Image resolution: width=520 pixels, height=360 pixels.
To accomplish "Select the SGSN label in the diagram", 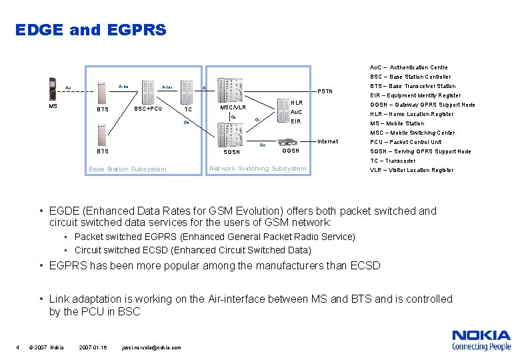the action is pyautogui.click(x=231, y=152).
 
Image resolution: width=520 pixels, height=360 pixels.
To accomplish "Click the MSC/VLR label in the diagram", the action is pyautogui.click(x=233, y=107).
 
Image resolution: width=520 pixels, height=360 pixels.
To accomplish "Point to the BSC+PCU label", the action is pyautogui.click(x=148, y=109).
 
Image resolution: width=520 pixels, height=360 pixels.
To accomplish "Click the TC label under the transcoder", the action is pyautogui.click(x=188, y=109).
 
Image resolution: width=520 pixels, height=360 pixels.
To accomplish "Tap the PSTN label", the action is pyautogui.click(x=325, y=91).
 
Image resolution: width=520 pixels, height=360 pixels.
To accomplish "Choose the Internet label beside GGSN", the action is pyautogui.click(x=328, y=141).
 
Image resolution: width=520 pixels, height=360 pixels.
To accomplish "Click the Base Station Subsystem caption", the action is pyautogui.click(x=127, y=169).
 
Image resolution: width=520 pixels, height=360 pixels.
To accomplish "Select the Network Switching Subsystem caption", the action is pyautogui.click(x=258, y=168).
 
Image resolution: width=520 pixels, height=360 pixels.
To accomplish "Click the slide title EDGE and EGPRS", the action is pyautogui.click(x=91, y=30).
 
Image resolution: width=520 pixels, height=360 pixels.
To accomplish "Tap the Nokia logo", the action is pyautogui.click(x=481, y=339).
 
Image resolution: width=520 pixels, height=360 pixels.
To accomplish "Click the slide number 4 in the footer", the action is pyautogui.click(x=17, y=347).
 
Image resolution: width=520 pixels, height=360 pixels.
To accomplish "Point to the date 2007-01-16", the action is pyautogui.click(x=93, y=347).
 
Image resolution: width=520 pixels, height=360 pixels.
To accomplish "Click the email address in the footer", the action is pyautogui.click(x=152, y=347).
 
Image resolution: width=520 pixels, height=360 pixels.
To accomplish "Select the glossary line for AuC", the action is pyautogui.click(x=409, y=67).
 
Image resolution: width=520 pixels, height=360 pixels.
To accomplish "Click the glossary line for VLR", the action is pyautogui.click(x=411, y=170).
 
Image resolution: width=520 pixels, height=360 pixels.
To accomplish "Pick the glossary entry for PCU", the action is pyautogui.click(x=405, y=142).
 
